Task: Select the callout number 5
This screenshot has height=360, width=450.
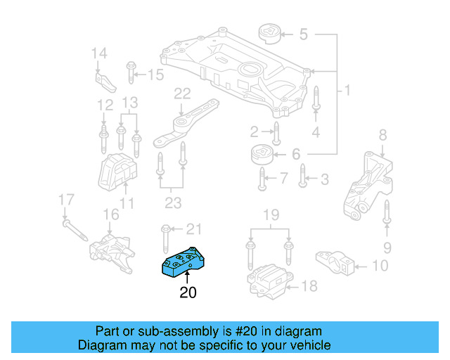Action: pyautogui.click(x=304, y=33)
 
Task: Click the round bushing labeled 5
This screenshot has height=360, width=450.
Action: pyautogui.click(x=269, y=33)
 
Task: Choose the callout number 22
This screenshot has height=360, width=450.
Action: pyautogui.click(x=182, y=94)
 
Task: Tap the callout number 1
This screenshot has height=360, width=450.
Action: pyautogui.click(x=346, y=91)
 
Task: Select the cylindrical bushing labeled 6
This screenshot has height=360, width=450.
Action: pyautogui.click(x=262, y=155)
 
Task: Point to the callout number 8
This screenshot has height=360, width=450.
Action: pyautogui.click(x=382, y=134)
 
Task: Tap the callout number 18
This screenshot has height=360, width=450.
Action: pyautogui.click(x=309, y=285)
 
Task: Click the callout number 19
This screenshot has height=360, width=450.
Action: pyautogui.click(x=270, y=214)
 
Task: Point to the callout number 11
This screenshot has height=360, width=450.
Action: pyautogui.click(x=127, y=204)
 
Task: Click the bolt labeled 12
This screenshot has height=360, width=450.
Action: pyautogui.click(x=103, y=133)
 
